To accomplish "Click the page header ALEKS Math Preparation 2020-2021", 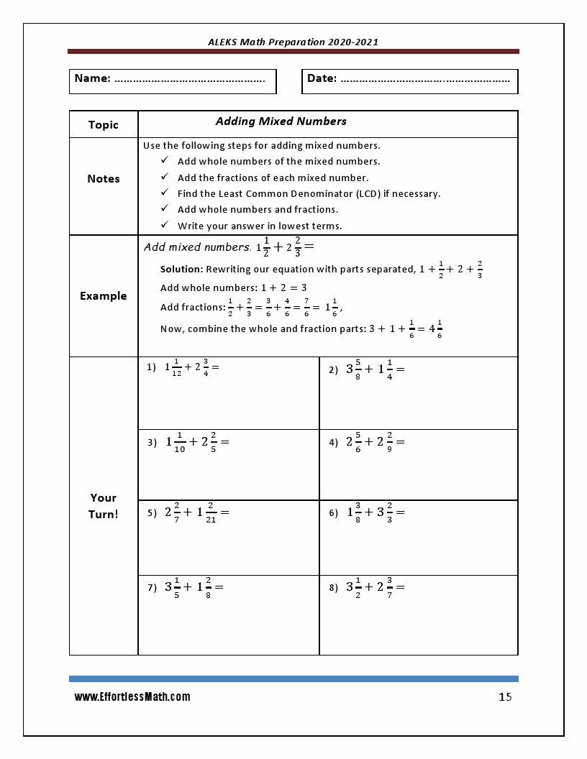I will [x=293, y=42].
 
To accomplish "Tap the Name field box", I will [x=173, y=80].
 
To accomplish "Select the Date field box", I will [x=409, y=80].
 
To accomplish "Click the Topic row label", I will [x=104, y=125].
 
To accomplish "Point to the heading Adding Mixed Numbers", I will [x=281, y=121].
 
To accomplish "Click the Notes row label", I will [x=104, y=179].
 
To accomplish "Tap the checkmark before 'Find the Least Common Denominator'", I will [x=165, y=193].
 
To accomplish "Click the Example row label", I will [x=104, y=296].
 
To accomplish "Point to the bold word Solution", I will [x=181, y=270].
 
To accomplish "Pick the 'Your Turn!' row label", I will [x=104, y=506].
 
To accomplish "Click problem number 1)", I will [x=151, y=367].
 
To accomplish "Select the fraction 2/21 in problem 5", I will [x=210, y=513].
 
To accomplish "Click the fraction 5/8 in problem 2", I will [x=358, y=369].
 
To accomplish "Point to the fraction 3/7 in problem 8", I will [x=389, y=587].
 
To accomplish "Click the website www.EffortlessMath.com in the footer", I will [x=132, y=697].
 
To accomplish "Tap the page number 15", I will [x=505, y=697].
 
